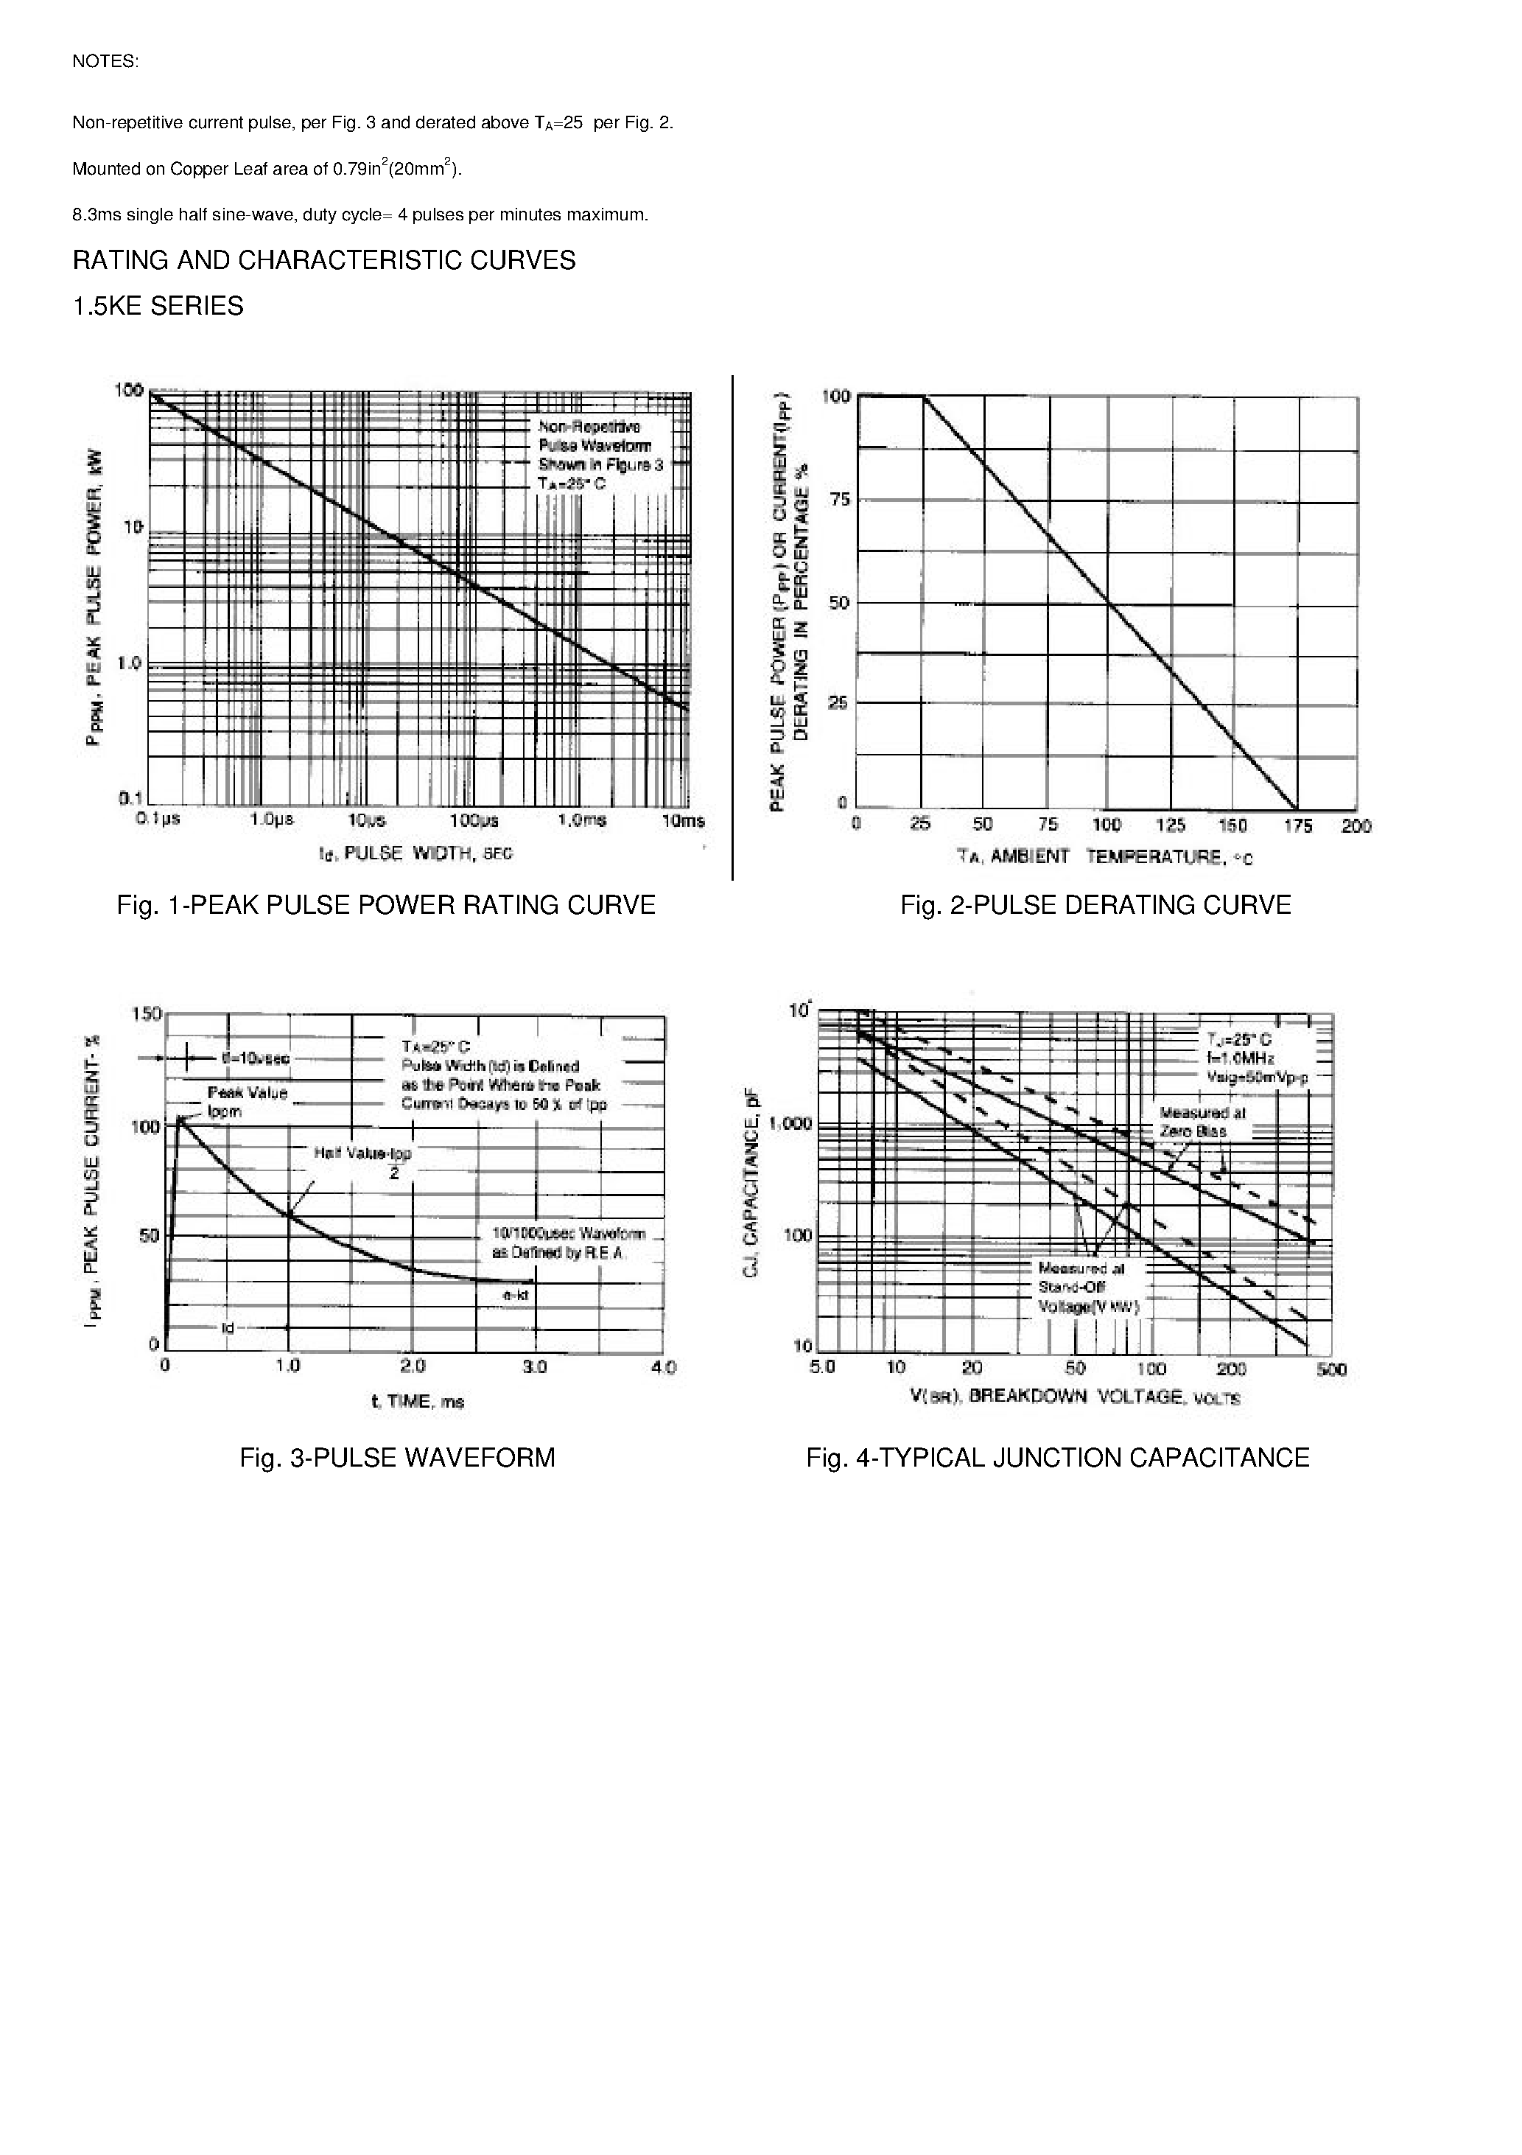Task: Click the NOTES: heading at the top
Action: pyautogui.click(x=105, y=62)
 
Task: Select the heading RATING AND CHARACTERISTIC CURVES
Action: pyautogui.click(x=323, y=260)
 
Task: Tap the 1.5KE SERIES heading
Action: pyautogui.click(x=158, y=306)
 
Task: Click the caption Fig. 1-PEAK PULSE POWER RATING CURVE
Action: pyautogui.click(x=386, y=905)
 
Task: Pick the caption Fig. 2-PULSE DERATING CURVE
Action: pyautogui.click(x=1095, y=905)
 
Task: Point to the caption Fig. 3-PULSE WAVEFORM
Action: pyautogui.click(x=397, y=1458)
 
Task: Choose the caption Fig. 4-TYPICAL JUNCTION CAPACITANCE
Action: pyautogui.click(x=1058, y=1458)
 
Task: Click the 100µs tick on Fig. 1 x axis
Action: pyautogui.click(x=474, y=820)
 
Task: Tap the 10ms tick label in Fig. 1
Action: pyautogui.click(x=682, y=820)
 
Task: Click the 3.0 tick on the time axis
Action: pyautogui.click(x=534, y=1366)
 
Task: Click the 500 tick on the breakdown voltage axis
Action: pyautogui.click(x=1330, y=1369)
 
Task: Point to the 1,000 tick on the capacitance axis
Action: pyautogui.click(x=788, y=1123)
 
